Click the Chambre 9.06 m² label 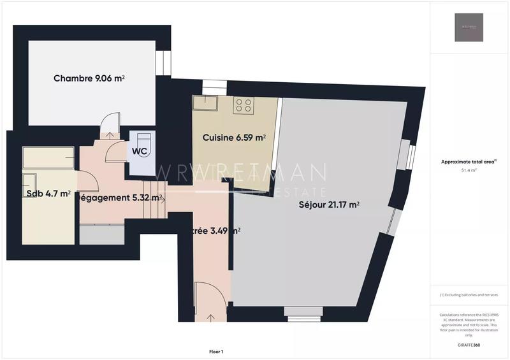pyautogui.click(x=89, y=78)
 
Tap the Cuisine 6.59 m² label pyautogui.click(x=234, y=138)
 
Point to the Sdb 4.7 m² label pyautogui.click(x=48, y=194)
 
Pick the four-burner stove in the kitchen pyautogui.click(x=244, y=105)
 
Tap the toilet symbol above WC pyautogui.click(x=142, y=138)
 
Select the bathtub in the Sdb pyautogui.click(x=48, y=156)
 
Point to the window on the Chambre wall pyautogui.click(x=163, y=64)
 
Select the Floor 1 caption pyautogui.click(x=216, y=351)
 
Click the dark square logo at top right pyautogui.click(x=469, y=27)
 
